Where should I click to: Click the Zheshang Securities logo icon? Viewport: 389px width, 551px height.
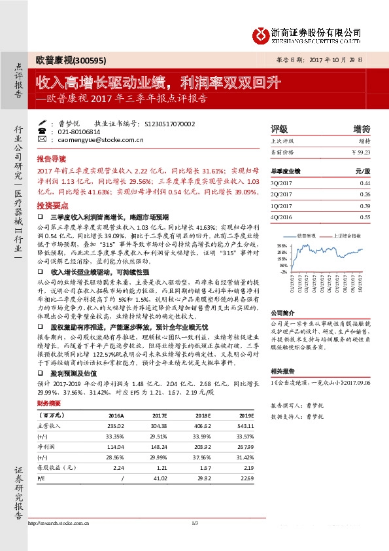pyautogui.click(x=262, y=34)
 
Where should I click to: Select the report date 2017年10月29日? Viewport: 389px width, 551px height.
pyautogui.click(x=344, y=59)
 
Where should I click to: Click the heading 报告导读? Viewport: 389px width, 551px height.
pyautogui.click(x=51, y=159)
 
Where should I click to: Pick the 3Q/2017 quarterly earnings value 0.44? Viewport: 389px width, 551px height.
pyautogui.click(x=365, y=183)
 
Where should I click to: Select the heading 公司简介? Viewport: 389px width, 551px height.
pyautogui.click(x=282, y=313)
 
